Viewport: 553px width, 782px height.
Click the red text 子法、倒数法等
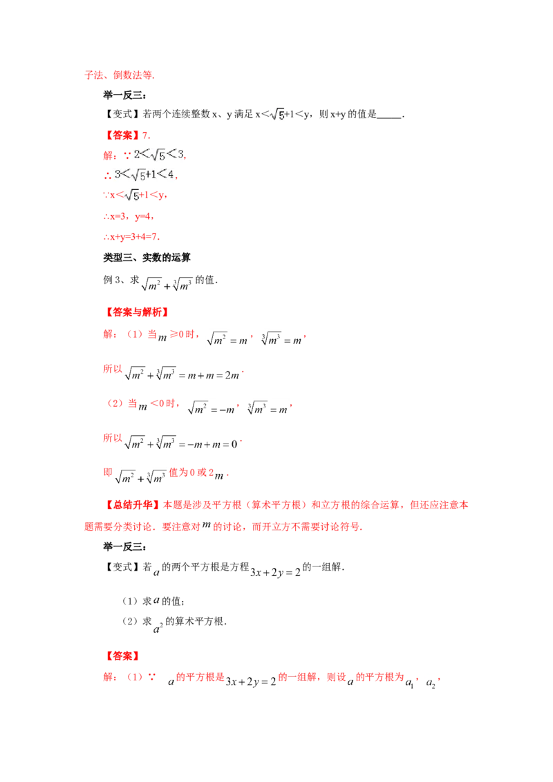[x=120, y=75]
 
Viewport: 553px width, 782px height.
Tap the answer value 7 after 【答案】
[x=146, y=135]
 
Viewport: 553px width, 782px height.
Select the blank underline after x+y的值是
[x=389, y=117]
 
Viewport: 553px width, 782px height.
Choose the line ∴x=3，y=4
[x=129, y=216]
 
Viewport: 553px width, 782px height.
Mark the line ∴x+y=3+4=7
[x=132, y=236]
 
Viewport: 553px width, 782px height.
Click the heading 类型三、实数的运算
[x=147, y=258]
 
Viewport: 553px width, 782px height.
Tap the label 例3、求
[x=121, y=280]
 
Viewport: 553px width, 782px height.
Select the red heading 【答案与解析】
[x=138, y=312]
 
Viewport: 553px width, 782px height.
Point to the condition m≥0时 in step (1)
[x=178, y=335]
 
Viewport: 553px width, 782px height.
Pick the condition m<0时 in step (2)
[x=158, y=404]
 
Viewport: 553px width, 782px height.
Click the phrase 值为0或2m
[x=196, y=473]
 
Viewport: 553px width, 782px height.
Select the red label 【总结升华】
[x=133, y=505]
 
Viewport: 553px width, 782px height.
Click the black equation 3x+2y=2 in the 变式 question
[x=276, y=572]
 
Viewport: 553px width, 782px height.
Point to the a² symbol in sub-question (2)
[x=158, y=627]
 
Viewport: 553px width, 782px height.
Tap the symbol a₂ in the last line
[x=431, y=683]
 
